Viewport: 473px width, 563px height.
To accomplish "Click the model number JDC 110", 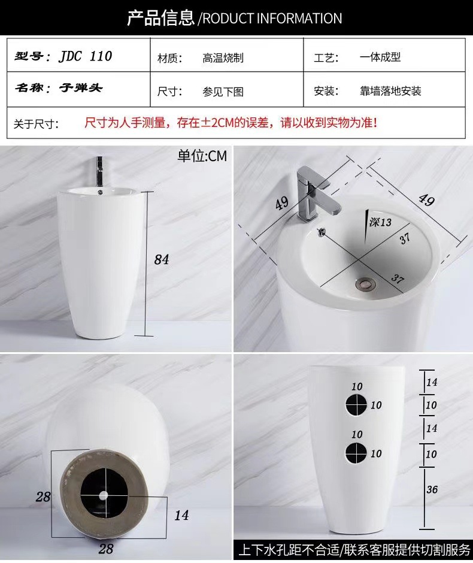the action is click(x=86, y=56).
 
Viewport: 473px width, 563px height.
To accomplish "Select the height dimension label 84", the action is click(x=162, y=259).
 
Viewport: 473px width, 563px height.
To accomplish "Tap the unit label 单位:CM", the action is click(x=202, y=156).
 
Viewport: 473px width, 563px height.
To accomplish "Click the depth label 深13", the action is click(x=380, y=222).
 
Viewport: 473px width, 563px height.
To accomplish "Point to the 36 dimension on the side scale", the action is click(x=432, y=489).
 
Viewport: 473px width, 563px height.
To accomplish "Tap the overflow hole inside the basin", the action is click(x=322, y=232).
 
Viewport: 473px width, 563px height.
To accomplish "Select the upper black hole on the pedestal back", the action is click(x=356, y=404).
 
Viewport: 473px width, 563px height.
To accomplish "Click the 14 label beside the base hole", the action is click(x=181, y=515).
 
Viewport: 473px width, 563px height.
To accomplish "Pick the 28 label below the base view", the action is click(x=106, y=549).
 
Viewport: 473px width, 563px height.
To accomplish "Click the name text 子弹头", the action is click(x=81, y=87).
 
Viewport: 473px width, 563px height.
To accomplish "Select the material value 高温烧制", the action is click(x=223, y=58).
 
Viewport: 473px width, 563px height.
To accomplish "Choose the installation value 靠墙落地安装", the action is click(x=390, y=91).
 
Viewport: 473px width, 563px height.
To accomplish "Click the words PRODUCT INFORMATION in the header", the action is click(x=272, y=19).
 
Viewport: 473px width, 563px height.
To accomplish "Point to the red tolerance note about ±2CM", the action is click(x=231, y=123).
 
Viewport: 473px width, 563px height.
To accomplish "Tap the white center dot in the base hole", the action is click(x=104, y=496).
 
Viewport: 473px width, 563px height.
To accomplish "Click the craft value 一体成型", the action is click(x=380, y=57).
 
